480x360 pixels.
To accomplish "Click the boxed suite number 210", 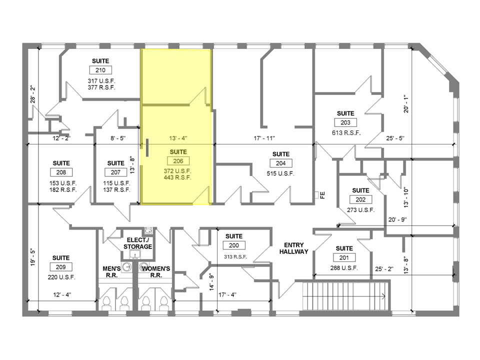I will tap(100, 70).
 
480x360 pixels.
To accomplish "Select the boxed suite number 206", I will tap(178, 161).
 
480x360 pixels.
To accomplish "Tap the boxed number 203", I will tap(345, 122).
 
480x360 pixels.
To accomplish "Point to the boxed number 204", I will tap(280, 163).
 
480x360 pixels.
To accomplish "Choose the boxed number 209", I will tap(61, 267).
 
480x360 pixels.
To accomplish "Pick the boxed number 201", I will tap(344, 258).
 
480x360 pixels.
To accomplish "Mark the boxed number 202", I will tap(360, 199).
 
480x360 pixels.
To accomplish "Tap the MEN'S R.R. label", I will tap(115, 272).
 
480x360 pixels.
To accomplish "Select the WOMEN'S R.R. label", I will tap(155, 272).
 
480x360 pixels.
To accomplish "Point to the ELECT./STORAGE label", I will tap(138, 243).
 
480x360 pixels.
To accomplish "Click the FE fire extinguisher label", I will tap(322, 195).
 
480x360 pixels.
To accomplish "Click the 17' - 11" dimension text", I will tap(264, 138).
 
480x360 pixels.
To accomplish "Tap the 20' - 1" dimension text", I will tap(405, 104).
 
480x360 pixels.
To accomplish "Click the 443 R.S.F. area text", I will tap(178, 177).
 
